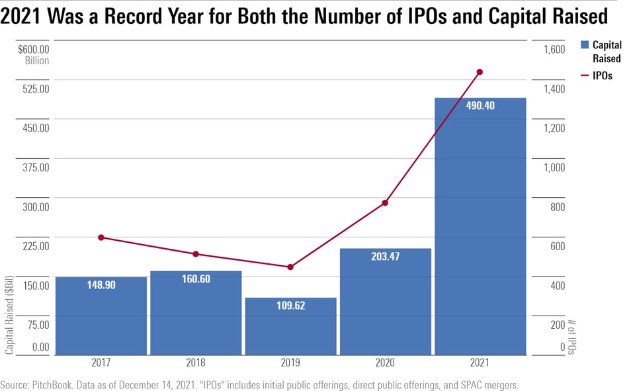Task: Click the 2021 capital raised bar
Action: tap(480, 225)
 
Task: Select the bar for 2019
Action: tap(290, 326)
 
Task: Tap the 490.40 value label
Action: tap(480, 106)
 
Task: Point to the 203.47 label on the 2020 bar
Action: tap(386, 257)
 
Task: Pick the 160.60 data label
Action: tap(196, 279)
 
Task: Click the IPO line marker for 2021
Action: tap(480, 72)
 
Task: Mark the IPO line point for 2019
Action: tap(290, 267)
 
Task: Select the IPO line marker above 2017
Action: tap(101, 238)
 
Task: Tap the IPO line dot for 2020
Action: tap(386, 203)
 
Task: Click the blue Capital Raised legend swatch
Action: tap(585, 45)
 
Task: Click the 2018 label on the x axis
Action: tap(196, 363)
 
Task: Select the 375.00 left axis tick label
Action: tap(35, 167)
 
